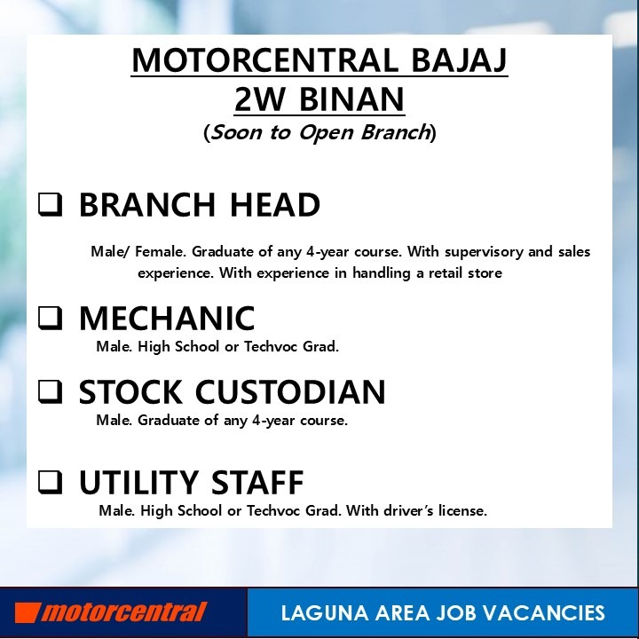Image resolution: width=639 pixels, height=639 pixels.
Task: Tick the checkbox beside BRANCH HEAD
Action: tap(51, 205)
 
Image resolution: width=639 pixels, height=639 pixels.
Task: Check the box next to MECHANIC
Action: tap(51, 318)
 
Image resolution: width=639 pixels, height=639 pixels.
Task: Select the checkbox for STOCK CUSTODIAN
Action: tap(51, 391)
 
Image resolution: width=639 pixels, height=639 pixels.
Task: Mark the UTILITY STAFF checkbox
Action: tap(51, 482)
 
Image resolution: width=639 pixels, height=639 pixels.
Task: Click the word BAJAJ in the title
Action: tap(460, 60)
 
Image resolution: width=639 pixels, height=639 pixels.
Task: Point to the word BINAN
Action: tap(351, 99)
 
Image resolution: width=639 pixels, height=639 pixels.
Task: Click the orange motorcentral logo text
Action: tap(124, 612)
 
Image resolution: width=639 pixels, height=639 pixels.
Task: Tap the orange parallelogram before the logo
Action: tap(28, 612)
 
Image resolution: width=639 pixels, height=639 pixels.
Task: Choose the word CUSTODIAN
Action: tap(290, 391)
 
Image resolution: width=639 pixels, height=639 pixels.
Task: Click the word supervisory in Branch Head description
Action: tap(484, 252)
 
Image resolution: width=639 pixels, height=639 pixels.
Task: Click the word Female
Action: tap(161, 251)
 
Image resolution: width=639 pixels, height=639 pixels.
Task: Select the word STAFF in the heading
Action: tap(257, 482)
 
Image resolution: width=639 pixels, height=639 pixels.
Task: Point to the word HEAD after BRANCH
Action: tap(275, 205)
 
